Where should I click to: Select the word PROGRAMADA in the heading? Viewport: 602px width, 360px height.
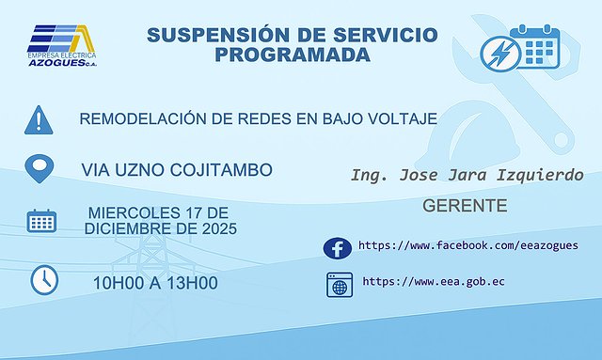[x=292, y=55]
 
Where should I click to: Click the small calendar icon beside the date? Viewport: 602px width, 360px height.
[x=40, y=223]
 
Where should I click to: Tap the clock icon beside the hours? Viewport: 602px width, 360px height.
[x=43, y=279]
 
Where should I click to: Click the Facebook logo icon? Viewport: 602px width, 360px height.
[x=337, y=247]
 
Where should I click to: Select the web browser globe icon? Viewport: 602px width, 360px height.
[x=338, y=283]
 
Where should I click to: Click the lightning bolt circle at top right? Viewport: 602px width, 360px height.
[x=499, y=53]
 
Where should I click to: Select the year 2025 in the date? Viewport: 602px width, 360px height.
[x=215, y=229]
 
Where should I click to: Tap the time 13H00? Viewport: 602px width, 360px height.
[x=196, y=282]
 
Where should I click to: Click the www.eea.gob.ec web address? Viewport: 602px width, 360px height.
[x=433, y=281]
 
